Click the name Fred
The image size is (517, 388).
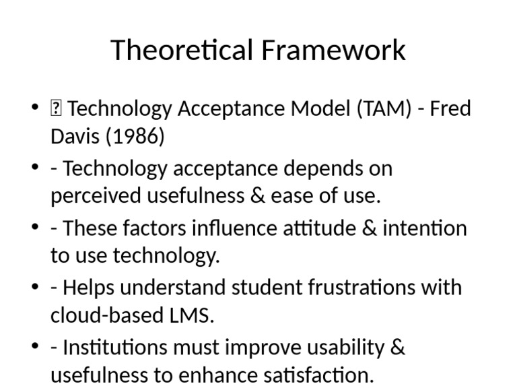[x=449, y=108]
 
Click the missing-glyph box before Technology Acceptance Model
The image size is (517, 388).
[x=56, y=108]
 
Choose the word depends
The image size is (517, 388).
[x=317, y=168]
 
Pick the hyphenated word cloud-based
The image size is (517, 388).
[x=104, y=316]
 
